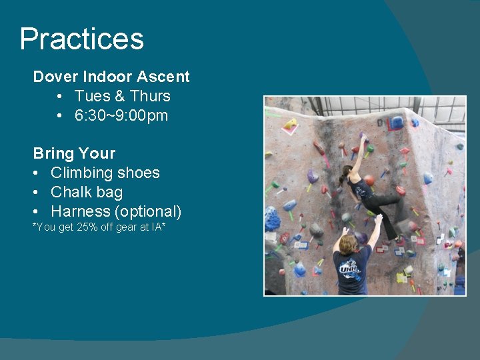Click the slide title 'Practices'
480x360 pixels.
pos(81,39)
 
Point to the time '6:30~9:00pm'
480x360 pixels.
pos(121,115)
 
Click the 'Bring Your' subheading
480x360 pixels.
pos(74,153)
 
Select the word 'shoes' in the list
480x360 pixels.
pos(138,173)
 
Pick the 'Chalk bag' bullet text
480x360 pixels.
pos(87,192)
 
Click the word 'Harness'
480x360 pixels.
pos(80,211)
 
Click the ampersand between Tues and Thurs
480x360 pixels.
pos(119,96)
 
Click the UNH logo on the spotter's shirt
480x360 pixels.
pos(349,267)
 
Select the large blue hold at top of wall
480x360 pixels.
pos(397,123)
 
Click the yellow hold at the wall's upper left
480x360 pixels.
pos(290,124)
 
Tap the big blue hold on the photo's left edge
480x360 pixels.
pos(272,219)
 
